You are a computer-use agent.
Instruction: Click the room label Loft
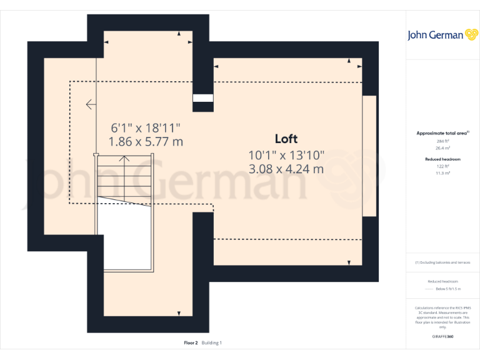point(286,139)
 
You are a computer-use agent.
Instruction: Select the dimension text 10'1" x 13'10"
point(286,154)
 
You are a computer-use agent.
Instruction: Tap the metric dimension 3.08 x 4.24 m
point(286,169)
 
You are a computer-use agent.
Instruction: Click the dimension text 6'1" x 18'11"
point(146,127)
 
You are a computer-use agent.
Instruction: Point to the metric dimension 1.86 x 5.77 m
point(146,142)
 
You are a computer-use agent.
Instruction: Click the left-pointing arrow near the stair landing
point(91,104)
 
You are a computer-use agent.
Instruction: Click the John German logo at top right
point(443,35)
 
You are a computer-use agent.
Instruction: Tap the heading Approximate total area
point(442,133)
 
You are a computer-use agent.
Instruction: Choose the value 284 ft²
point(442,142)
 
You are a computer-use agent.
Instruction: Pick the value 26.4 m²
point(442,148)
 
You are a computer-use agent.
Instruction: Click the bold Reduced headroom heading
point(442,159)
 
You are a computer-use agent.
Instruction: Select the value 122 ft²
point(442,167)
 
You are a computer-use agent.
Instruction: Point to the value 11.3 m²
point(442,173)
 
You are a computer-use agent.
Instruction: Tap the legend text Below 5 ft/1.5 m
point(448,289)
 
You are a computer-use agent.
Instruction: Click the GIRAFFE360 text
point(442,336)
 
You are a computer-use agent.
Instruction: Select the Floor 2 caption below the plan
point(191,342)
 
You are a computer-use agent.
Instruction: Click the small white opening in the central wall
point(202,97)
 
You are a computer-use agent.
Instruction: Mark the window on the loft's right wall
point(369,156)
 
